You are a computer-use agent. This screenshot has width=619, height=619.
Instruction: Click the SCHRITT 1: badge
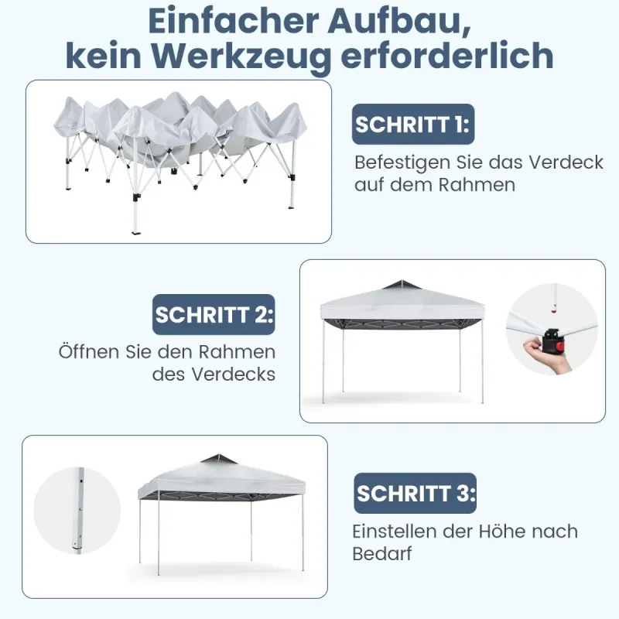point(413,124)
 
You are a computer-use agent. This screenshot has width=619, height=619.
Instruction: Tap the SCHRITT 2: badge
point(214,314)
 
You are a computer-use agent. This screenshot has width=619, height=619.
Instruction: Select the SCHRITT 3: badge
point(415,493)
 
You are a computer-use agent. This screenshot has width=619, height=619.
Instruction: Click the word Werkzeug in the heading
point(241,57)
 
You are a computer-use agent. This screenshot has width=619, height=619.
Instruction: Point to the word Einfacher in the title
point(234,21)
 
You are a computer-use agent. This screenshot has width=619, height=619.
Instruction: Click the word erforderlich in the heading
point(447,56)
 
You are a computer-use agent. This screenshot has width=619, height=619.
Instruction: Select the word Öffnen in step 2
point(90,351)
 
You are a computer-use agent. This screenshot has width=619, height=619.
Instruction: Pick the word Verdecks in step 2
point(234,374)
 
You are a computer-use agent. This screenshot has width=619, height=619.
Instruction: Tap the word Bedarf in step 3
point(381,553)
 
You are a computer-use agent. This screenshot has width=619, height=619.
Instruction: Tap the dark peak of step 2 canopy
point(402,285)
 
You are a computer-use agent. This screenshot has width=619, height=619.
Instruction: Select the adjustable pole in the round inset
point(79,511)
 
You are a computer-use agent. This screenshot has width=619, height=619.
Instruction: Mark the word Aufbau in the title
point(399,21)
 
